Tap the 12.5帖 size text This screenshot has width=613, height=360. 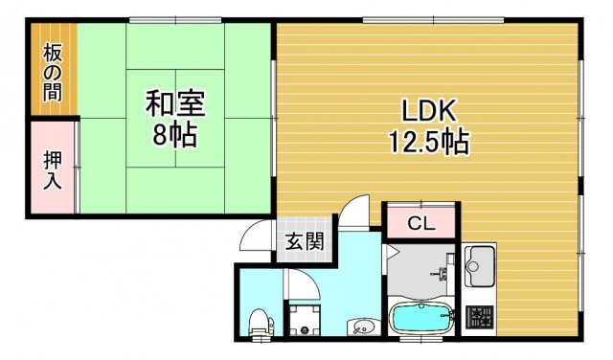(x=427, y=143)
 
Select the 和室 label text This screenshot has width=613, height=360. (x=174, y=101)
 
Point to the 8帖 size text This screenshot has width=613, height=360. (x=174, y=134)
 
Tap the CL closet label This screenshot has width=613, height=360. (x=421, y=225)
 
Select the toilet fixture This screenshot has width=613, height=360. (x=259, y=323)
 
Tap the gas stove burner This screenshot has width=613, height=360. (x=478, y=317)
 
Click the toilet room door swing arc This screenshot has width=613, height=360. (x=299, y=284)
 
